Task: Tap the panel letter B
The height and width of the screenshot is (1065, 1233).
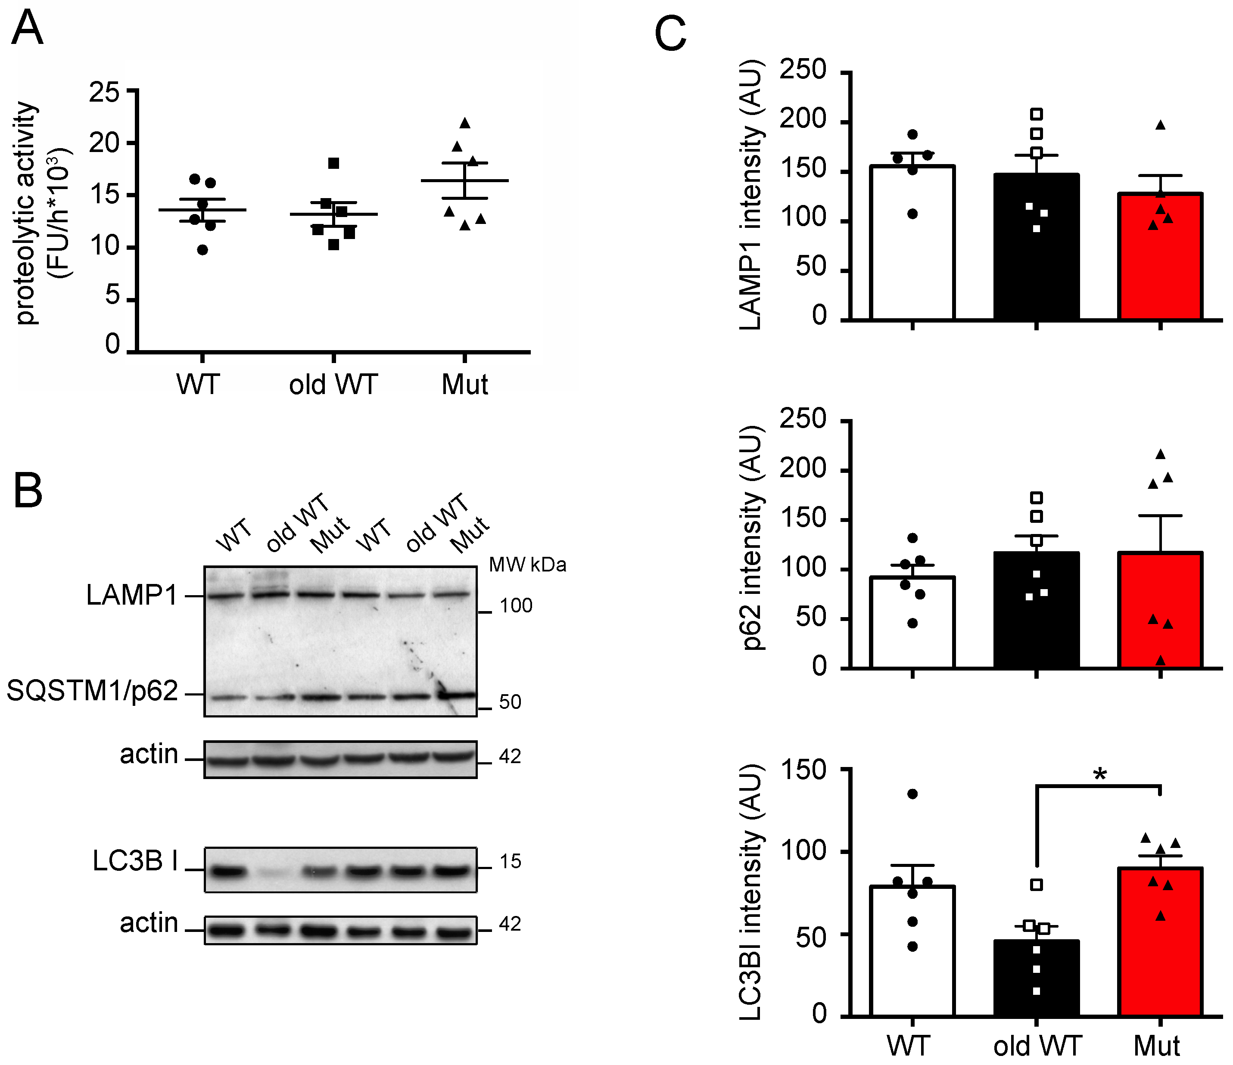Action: coord(28,491)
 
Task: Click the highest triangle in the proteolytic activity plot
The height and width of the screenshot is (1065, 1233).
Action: coord(465,123)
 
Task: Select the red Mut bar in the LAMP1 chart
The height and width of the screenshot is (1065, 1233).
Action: coord(1160,262)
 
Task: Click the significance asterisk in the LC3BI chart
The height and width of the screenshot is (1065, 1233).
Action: coord(1100,775)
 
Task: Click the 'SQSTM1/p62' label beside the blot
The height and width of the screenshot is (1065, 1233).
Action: coord(92,691)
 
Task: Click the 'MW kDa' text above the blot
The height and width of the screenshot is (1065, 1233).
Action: coord(527,565)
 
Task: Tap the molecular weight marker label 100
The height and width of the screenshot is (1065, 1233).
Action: coord(515,605)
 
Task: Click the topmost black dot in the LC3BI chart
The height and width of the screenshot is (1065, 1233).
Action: coord(912,794)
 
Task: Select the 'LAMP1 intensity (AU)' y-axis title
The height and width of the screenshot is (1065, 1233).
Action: coord(751,195)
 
